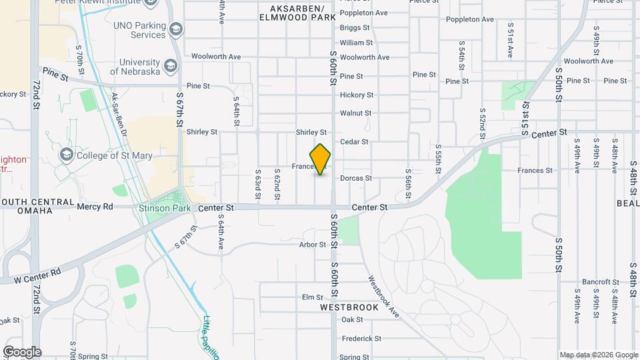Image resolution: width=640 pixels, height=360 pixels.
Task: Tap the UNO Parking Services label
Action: (139, 30)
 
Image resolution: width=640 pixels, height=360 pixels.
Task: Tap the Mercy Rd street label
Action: (95, 207)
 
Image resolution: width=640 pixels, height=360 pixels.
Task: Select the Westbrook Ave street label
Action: (383, 295)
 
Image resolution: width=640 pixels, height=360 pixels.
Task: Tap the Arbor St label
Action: (313, 245)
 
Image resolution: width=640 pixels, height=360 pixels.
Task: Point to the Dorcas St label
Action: (355, 178)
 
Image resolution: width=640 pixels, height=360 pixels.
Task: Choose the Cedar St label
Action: (354, 141)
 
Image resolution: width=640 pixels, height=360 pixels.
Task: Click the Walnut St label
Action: (355, 113)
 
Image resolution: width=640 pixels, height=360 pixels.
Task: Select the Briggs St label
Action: (355, 28)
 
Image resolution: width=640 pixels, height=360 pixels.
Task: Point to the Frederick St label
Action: (361, 338)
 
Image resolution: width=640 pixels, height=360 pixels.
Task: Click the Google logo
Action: (22, 352)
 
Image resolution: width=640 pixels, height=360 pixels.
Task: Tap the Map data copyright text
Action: (598, 355)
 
